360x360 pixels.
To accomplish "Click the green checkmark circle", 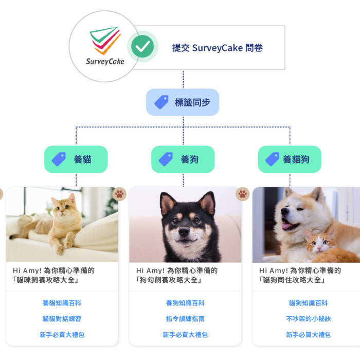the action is (142, 46).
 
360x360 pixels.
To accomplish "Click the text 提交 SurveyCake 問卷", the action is (217, 48).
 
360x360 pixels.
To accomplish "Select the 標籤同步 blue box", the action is (183, 102).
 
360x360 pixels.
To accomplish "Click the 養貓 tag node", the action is (76, 159).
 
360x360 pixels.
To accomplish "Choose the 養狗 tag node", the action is (183, 159).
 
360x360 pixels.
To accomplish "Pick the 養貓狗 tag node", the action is (290, 159).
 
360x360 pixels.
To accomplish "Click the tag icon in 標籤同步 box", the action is (161, 102).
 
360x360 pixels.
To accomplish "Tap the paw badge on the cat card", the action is (119, 194).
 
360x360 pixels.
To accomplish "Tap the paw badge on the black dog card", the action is (243, 194).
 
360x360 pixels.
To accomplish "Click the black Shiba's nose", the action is (184, 231).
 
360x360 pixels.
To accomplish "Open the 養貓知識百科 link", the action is (62, 303).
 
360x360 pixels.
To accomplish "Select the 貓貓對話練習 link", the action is (62, 319).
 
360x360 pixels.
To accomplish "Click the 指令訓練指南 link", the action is (185, 319).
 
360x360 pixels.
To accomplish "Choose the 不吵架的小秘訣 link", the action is (309, 319).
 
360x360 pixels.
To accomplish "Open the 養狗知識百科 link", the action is (185, 303).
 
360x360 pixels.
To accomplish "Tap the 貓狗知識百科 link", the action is (309, 303).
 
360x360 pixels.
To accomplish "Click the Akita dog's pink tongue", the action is (286, 226).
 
